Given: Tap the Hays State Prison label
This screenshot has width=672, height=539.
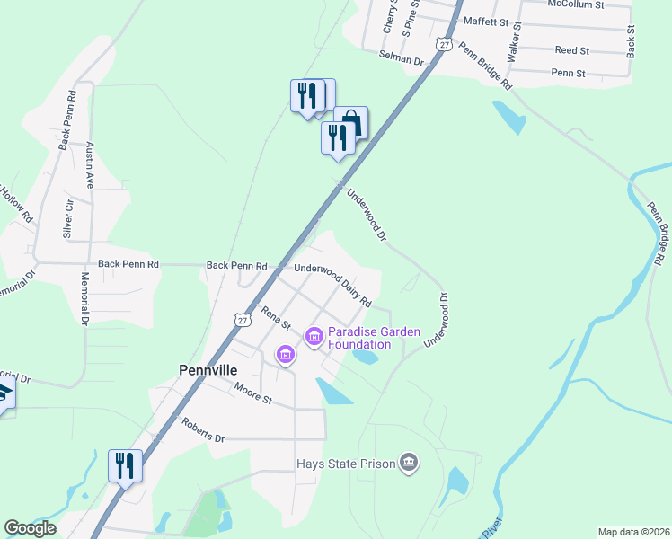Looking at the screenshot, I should coord(346,464).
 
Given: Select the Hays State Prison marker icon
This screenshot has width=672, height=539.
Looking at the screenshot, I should coord(409,463).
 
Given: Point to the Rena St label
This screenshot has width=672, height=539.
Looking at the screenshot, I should coord(277,317).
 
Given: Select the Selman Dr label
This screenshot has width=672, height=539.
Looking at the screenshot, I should coord(401,59).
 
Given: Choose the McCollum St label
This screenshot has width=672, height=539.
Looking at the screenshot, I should coord(577,4).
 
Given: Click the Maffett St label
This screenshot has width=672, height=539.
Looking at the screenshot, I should coord(485,21).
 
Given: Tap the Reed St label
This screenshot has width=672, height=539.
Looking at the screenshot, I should coord(571,51).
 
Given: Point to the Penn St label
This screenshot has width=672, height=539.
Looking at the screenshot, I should coord(568,73).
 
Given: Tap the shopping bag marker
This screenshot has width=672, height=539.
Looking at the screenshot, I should coord(352,122).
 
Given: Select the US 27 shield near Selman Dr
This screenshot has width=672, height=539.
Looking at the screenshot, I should coord(444,43).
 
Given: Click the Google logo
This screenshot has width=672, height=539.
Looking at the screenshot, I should coord(30,528).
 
